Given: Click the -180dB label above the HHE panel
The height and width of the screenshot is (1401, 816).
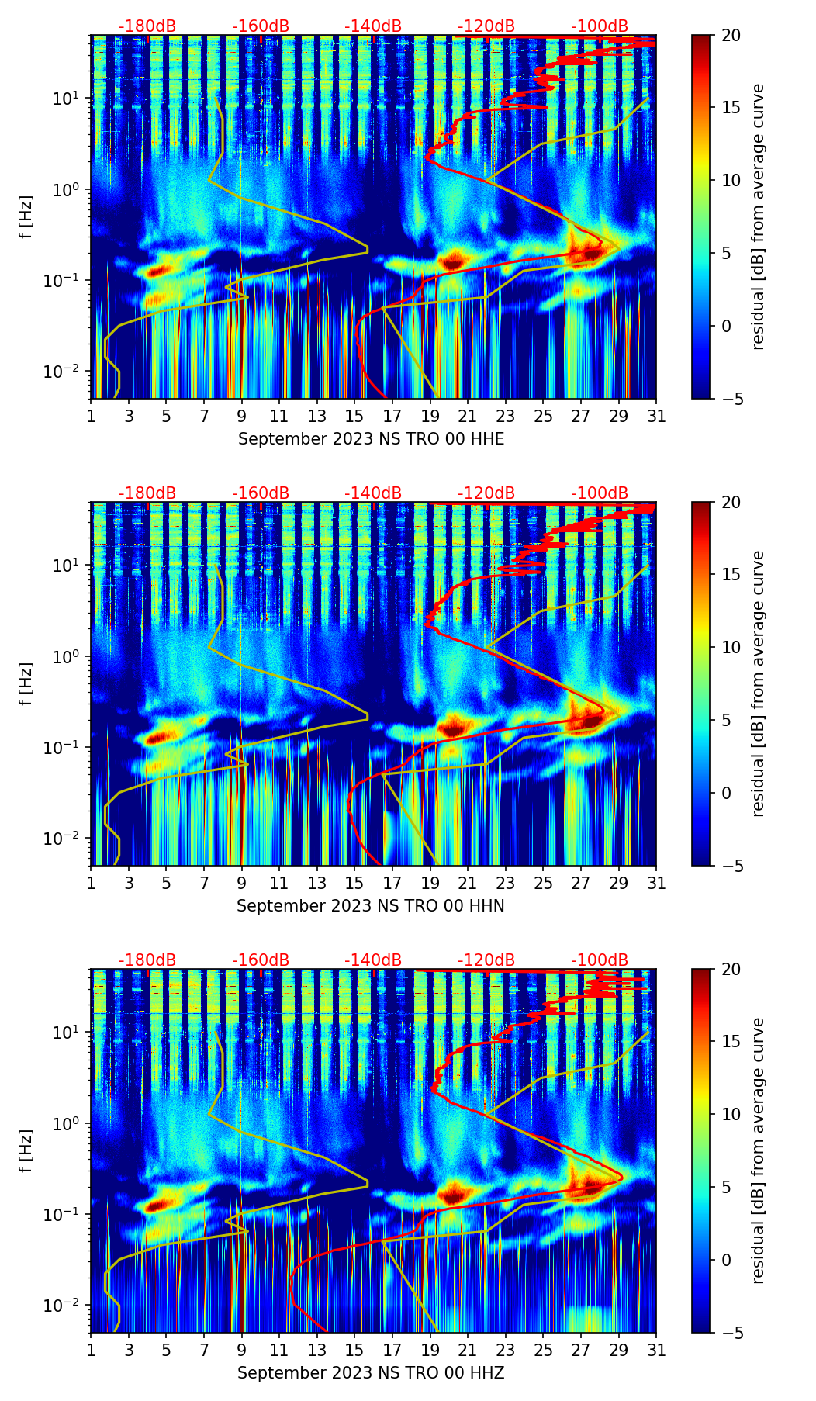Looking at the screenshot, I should [147, 26].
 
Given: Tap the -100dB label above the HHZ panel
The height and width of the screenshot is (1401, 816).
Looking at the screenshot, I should [600, 960].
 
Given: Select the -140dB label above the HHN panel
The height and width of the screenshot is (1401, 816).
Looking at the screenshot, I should [373, 493].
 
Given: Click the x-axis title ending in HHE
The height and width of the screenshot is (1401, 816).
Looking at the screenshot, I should [371, 439].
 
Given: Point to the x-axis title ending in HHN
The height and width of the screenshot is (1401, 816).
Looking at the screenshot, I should [371, 906].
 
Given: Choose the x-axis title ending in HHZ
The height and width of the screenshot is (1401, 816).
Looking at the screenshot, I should [371, 1373].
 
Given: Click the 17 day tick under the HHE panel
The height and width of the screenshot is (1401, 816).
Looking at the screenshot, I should [392, 416].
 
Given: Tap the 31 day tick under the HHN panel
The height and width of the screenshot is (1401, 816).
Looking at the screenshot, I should [656, 883].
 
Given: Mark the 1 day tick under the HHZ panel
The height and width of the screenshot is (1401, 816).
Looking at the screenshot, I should [92, 1350].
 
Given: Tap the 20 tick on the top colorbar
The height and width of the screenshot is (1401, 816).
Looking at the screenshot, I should [731, 35].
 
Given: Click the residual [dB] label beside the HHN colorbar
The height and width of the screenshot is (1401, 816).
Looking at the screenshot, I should [759, 683].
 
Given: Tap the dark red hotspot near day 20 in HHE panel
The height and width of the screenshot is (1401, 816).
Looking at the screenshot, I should [453, 260].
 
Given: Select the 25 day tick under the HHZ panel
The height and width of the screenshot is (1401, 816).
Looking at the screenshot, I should [543, 1350].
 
